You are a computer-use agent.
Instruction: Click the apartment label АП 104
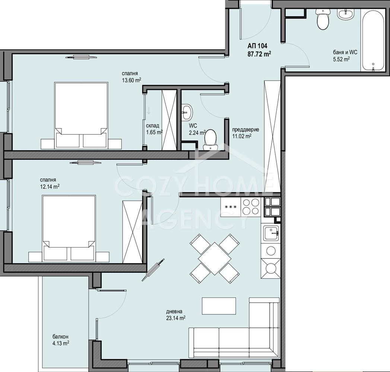[x=257, y=46]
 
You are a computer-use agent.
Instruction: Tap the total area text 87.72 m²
[x=259, y=54]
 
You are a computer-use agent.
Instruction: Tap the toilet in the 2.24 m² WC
[x=210, y=139]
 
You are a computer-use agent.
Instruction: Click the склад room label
[x=152, y=126]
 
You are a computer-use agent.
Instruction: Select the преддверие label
[x=245, y=129]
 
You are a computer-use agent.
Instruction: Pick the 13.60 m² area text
[x=131, y=80]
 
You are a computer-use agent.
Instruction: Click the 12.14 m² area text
[x=50, y=186]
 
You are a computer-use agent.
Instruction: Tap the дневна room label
[x=174, y=311]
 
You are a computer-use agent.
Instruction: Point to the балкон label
[x=60, y=337]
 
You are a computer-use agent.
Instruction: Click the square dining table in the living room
[x=215, y=259]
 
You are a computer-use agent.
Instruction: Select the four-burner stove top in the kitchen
[x=251, y=206]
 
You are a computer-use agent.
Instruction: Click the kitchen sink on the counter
[x=271, y=233]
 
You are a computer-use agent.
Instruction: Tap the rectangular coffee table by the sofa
[x=219, y=306]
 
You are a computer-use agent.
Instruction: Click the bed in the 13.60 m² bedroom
[x=81, y=115]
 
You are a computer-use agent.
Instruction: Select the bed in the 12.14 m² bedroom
[x=69, y=228]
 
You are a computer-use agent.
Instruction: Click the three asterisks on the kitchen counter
[x=231, y=207]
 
